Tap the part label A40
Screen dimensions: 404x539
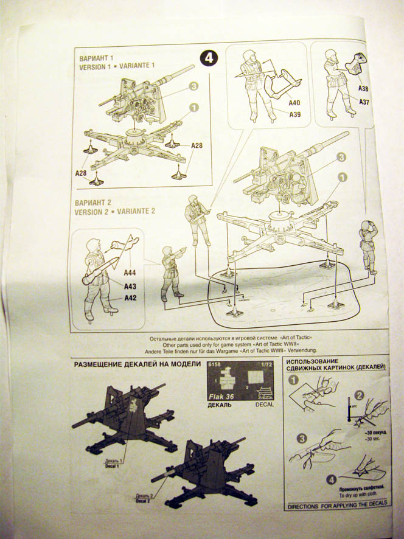pyautogui.click(x=294, y=103)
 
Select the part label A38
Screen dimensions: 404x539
pyautogui.click(x=363, y=88)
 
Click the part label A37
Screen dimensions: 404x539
pyautogui.click(x=364, y=102)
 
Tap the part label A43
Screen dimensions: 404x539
pyautogui.click(x=130, y=286)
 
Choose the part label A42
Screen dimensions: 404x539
pyautogui.click(x=130, y=297)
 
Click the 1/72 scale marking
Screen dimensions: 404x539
pyautogui.click(x=266, y=364)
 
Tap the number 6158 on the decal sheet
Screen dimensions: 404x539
pyautogui.click(x=214, y=364)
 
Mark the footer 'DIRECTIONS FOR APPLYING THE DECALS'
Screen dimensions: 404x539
pyautogui.click(x=336, y=506)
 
